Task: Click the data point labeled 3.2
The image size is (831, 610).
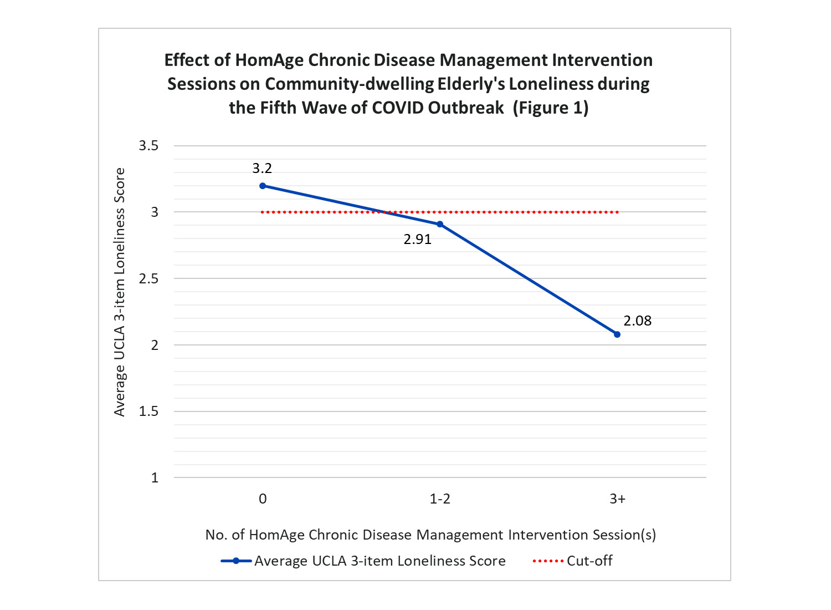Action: (263, 186)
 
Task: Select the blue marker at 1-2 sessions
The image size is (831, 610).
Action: (440, 224)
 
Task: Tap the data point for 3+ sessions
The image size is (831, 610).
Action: (617, 334)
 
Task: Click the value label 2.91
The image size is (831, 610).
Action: (417, 240)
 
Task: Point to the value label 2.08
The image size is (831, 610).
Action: (637, 321)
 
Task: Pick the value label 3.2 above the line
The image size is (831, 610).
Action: (262, 169)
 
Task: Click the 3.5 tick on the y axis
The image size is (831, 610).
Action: (148, 146)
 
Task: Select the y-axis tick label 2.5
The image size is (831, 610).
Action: (148, 279)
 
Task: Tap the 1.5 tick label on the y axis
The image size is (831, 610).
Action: (148, 411)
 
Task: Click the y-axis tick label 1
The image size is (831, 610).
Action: (155, 478)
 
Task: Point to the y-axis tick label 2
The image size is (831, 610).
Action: (155, 345)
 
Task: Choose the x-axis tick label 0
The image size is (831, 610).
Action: (263, 499)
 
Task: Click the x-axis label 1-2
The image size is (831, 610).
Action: (440, 499)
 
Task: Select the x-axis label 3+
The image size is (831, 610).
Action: (617, 499)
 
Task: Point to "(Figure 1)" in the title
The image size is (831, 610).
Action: (550, 107)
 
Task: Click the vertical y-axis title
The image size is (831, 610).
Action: (120, 292)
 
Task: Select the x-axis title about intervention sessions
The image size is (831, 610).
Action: (430, 535)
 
